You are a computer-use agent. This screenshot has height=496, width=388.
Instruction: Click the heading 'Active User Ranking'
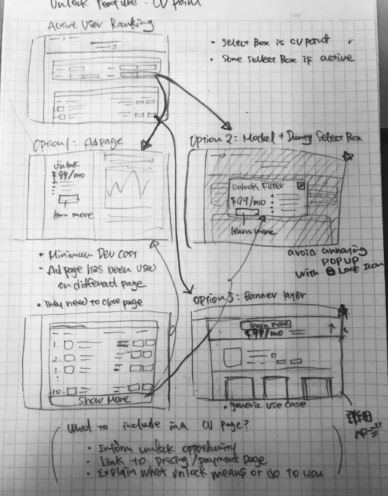[100, 25]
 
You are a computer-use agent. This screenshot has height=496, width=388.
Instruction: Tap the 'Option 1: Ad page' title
[77, 144]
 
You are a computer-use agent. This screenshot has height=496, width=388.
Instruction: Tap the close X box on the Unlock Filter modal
[301, 186]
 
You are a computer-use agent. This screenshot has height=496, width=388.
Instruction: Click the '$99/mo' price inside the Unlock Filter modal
[245, 201]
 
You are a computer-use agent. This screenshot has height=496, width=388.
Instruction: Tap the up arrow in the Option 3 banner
[329, 327]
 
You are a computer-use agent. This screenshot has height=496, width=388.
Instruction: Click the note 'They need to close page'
[94, 303]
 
